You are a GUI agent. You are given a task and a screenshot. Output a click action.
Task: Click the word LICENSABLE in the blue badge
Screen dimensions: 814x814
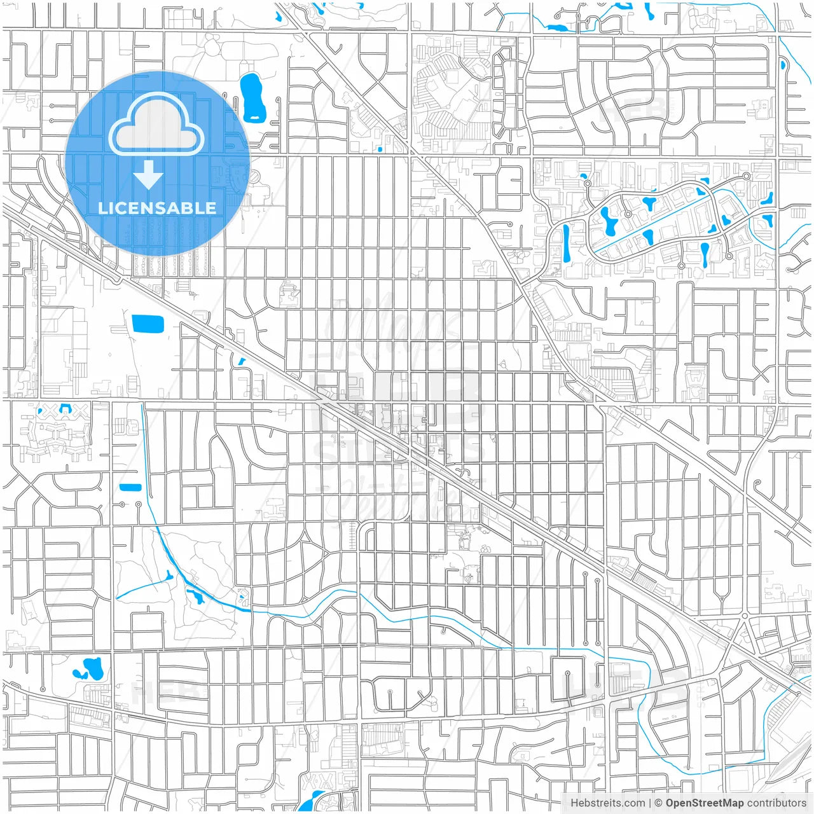tap(157, 208)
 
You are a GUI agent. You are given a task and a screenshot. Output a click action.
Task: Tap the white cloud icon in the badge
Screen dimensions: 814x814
tap(156, 125)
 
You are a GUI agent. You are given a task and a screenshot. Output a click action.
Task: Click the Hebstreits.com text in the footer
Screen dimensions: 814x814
tap(607, 803)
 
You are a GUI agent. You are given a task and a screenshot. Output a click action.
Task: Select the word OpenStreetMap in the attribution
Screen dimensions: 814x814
tap(705, 803)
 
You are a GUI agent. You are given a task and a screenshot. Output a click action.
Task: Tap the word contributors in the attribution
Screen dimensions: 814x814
tap(776, 803)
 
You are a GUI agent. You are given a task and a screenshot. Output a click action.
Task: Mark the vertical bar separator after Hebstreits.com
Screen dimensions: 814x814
tap(650, 803)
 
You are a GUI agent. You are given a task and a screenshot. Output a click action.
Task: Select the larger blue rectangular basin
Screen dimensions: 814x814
tap(148, 324)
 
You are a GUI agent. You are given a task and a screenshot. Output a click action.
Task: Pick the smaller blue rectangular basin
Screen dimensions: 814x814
tap(130, 488)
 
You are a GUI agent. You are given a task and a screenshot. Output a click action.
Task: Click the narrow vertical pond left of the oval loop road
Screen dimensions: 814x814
tap(566, 244)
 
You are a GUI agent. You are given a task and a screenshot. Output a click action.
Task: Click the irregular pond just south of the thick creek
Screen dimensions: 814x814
tap(195, 597)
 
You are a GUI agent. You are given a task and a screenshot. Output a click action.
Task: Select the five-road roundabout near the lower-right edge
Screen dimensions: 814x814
tap(744, 616)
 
